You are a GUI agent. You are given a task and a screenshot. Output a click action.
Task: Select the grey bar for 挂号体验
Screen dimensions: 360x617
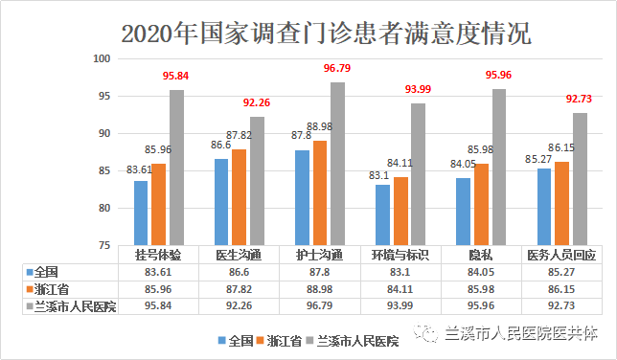177,168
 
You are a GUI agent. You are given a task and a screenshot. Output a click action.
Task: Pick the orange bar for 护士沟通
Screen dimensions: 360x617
320,192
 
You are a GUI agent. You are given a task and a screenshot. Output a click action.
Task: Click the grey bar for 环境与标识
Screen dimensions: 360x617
418,173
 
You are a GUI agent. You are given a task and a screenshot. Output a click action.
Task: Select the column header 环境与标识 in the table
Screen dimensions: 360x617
400,255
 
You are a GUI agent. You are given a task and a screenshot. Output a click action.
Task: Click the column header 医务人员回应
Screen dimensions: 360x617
561,255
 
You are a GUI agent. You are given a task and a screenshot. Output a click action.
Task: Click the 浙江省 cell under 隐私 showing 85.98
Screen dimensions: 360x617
481,288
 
